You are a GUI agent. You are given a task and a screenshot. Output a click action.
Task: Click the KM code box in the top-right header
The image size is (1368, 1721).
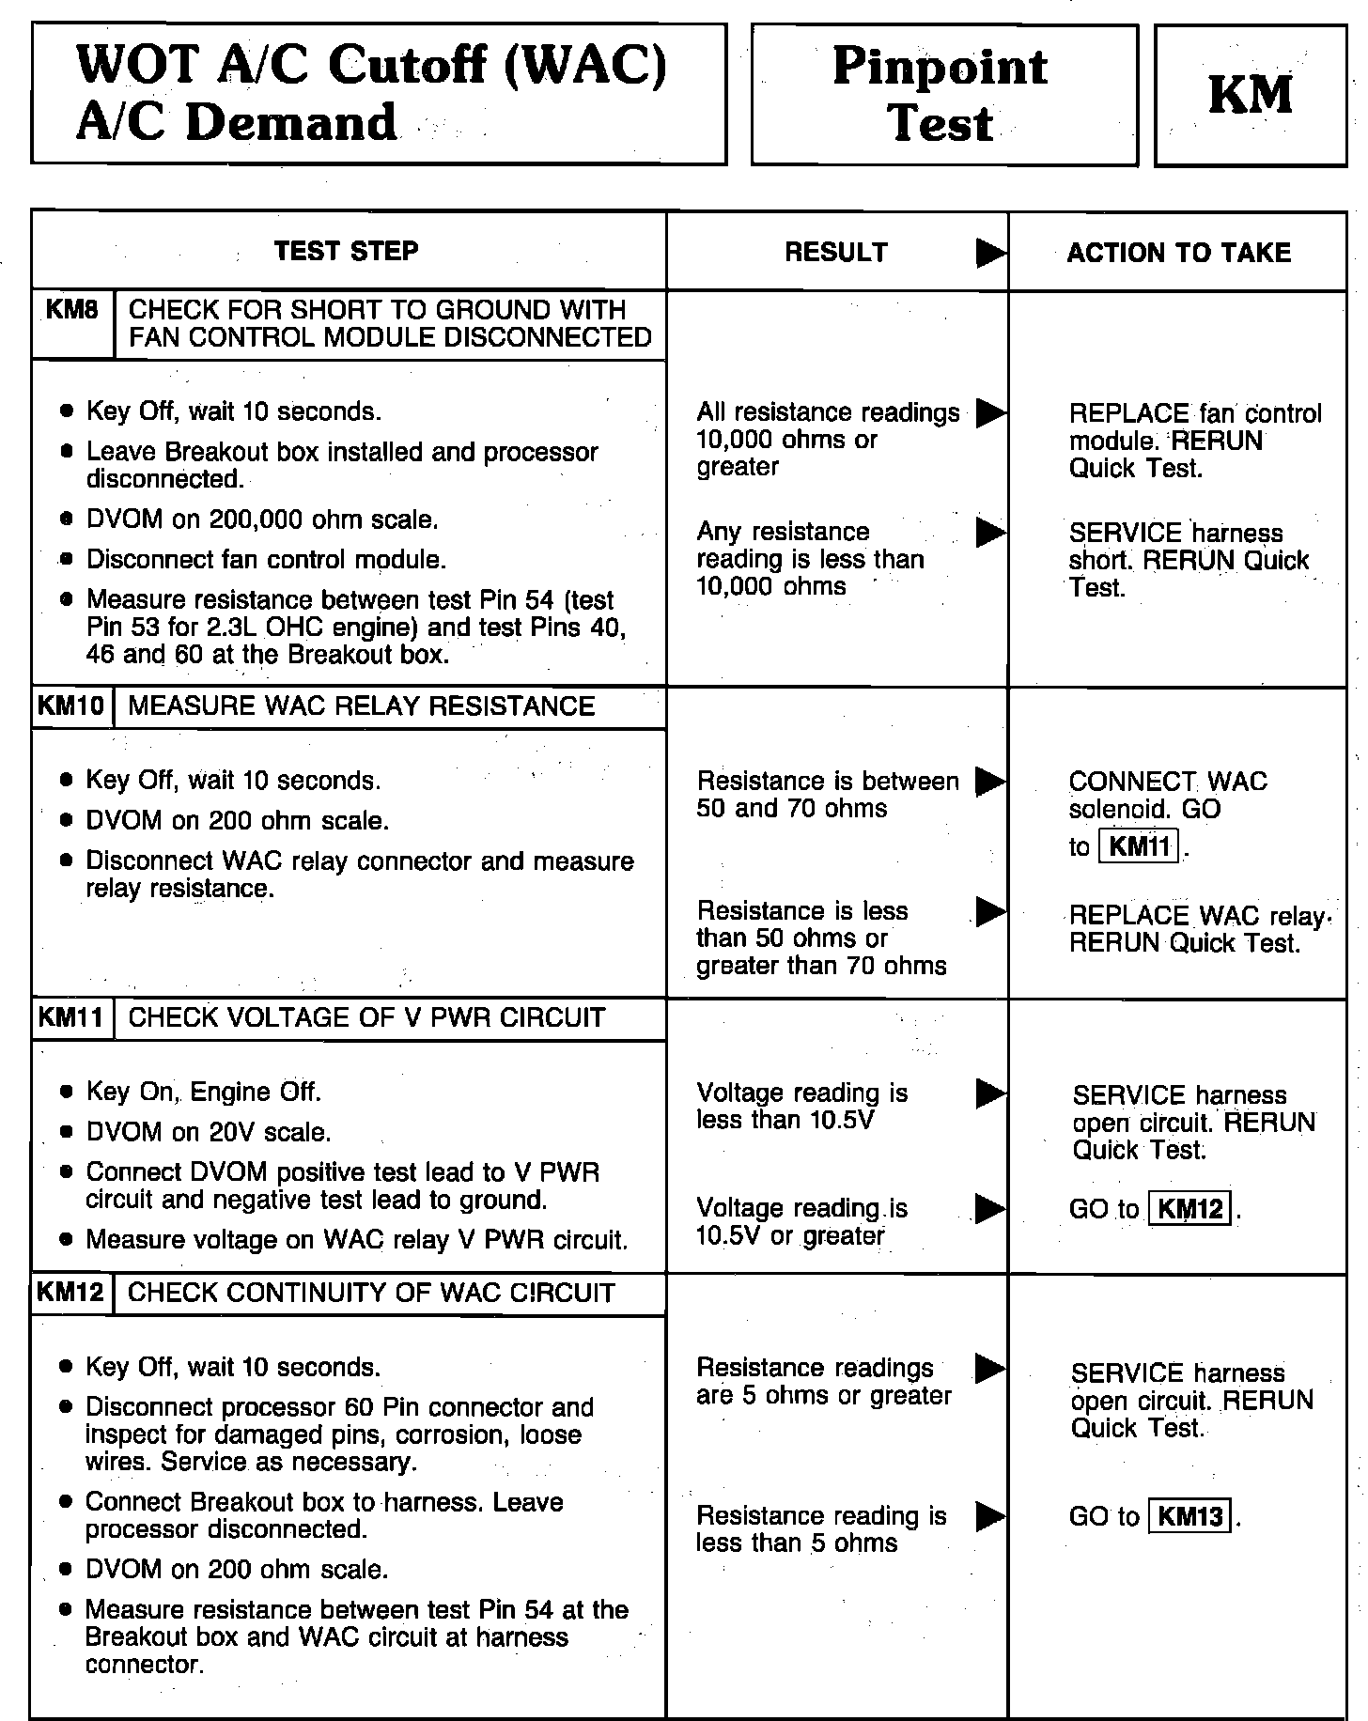(1250, 96)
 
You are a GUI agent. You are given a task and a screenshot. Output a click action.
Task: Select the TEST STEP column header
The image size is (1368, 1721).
(347, 251)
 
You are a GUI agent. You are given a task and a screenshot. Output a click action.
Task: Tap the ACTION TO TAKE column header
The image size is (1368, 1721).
(1178, 253)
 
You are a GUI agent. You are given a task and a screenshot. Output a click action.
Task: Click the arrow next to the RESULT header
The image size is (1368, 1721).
(990, 253)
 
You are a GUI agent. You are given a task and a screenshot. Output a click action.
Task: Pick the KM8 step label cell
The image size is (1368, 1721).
(72, 311)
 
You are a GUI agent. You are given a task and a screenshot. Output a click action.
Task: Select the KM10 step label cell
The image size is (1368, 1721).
(71, 706)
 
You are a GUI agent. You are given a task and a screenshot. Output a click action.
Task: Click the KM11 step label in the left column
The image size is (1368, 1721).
(71, 1017)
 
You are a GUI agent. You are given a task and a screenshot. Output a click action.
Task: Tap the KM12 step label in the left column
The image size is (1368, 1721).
(71, 1293)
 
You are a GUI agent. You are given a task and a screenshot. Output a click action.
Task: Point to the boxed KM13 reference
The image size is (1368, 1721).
(1190, 1516)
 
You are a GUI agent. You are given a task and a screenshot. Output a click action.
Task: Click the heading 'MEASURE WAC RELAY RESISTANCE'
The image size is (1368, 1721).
(361, 706)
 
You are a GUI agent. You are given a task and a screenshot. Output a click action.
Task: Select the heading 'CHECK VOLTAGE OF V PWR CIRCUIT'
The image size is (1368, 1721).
(366, 1017)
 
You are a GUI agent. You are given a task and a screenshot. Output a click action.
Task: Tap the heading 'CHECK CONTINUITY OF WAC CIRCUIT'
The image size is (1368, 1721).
(371, 1293)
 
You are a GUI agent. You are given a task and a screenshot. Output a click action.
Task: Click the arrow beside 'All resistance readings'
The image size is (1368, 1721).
(990, 412)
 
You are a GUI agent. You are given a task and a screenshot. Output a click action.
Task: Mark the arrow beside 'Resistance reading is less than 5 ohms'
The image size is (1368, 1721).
(990, 1515)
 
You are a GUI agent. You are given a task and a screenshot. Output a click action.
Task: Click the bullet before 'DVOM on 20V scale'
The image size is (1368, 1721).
(66, 1133)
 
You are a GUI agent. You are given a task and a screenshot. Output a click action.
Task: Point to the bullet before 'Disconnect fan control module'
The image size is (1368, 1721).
(66, 560)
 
